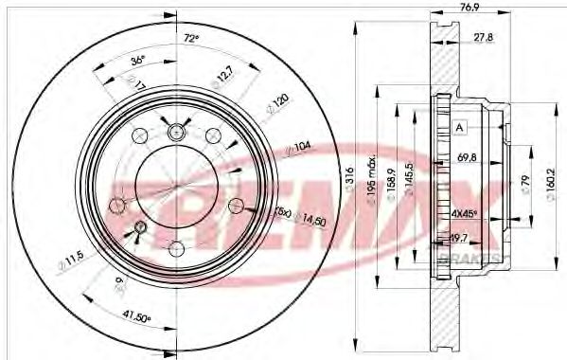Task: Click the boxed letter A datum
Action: (x=459, y=127)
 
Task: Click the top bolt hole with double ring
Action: (x=175, y=135)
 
